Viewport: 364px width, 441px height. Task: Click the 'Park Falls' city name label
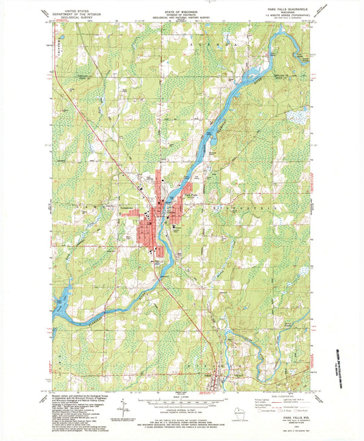point(193,195)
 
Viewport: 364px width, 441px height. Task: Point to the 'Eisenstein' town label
point(215,204)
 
